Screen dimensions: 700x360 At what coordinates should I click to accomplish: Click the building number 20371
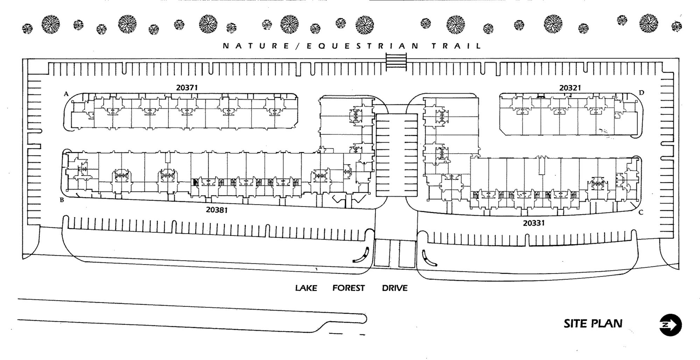tap(187, 87)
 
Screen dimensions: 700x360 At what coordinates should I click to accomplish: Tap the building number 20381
tap(217, 210)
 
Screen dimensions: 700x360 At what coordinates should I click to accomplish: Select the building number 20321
tap(570, 88)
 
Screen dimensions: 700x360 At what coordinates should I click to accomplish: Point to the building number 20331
tap(534, 223)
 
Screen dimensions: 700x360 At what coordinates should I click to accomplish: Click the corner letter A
tap(66, 94)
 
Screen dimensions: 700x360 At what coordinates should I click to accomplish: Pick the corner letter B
tap(62, 200)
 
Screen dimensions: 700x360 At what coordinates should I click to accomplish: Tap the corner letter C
tap(641, 212)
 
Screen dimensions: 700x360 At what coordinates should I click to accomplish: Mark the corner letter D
tap(642, 93)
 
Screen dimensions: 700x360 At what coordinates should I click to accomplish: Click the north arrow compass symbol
tap(671, 325)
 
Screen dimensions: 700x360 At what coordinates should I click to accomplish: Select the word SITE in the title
tap(575, 324)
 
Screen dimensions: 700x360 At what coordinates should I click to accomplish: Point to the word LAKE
tap(306, 288)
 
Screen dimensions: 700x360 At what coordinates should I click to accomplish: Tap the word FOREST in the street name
tap(349, 288)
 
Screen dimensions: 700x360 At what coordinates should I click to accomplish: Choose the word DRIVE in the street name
tap(395, 288)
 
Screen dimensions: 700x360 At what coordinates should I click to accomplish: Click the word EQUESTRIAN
tap(363, 46)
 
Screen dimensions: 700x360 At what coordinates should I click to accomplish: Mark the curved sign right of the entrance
tap(429, 259)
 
